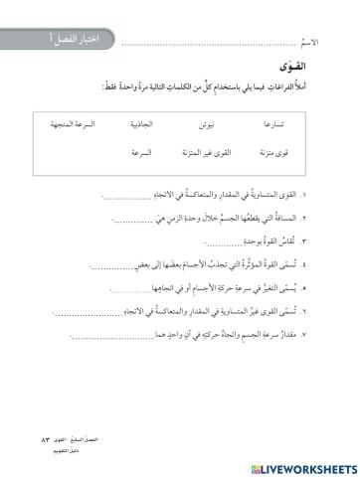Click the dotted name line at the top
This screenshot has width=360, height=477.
coord(209,46)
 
